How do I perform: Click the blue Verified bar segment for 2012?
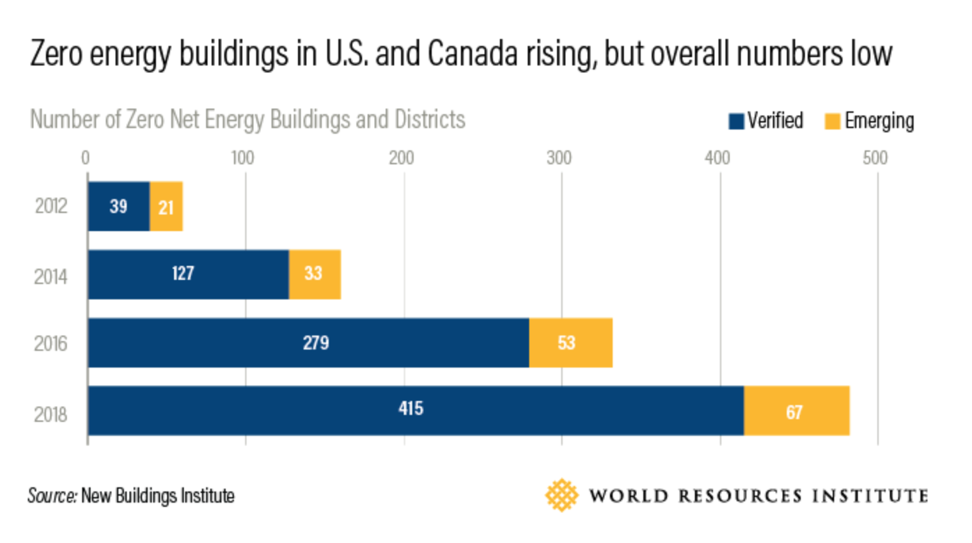[118, 206]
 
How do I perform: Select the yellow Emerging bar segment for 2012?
[166, 206]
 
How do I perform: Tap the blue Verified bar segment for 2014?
[188, 274]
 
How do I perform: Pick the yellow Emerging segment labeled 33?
[314, 274]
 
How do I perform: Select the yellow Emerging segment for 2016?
[570, 343]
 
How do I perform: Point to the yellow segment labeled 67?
[796, 411]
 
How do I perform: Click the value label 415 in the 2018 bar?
[410, 408]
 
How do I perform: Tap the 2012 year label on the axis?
[51, 207]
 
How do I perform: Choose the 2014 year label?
[51, 277]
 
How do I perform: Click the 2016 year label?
[51, 345]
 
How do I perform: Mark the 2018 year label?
[51, 415]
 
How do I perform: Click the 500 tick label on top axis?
[875, 158]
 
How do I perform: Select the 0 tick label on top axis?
[86, 158]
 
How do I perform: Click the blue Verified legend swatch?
[736, 121]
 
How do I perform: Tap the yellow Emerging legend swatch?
[832, 121]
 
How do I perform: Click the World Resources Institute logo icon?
[562, 495]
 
